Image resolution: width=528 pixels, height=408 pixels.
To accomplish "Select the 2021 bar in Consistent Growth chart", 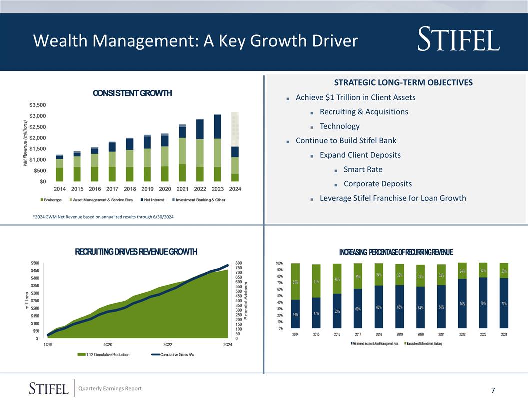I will click(182, 152).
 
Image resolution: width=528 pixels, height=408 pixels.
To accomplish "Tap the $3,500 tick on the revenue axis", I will click(37, 105).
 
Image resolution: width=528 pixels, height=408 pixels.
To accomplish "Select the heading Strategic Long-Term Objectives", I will click(403, 82).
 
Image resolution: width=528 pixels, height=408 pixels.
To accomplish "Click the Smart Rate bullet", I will click(363, 170).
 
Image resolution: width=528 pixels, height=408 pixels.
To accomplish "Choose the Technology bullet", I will click(339, 126).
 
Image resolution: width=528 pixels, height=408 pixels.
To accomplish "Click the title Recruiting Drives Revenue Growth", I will click(136, 251).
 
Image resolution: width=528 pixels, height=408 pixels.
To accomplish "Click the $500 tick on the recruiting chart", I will click(36, 263).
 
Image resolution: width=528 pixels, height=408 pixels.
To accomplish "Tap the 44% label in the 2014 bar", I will click(295, 314).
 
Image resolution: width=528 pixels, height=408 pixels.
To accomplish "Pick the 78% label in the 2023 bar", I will click(483, 303).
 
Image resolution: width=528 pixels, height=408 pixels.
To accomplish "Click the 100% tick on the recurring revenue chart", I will click(279, 263).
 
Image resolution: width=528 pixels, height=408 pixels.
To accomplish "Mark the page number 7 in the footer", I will click(493, 390).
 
